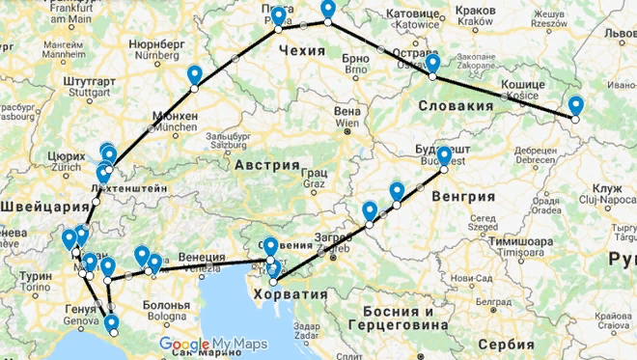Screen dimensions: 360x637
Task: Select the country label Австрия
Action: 267,165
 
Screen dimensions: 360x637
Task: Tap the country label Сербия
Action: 503,344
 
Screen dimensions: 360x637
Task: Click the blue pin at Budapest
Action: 444,156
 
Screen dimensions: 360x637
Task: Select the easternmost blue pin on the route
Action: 576,106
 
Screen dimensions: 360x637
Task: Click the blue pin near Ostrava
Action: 432,64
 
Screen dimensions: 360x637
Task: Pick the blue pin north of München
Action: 195,75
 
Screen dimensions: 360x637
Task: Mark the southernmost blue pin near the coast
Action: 113,324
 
